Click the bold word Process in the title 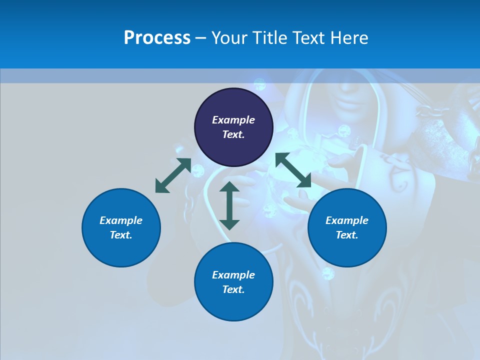click(x=157, y=38)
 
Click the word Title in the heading click(x=268, y=38)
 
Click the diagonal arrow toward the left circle click(x=173, y=175)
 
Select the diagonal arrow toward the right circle click(x=293, y=170)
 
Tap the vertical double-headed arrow click(x=229, y=205)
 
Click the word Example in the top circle click(x=233, y=120)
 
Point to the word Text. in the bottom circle click(x=233, y=289)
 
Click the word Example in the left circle click(x=121, y=220)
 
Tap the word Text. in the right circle click(x=347, y=235)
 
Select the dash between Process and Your click(x=201, y=38)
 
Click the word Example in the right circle click(x=347, y=220)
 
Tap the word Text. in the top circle click(x=233, y=134)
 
